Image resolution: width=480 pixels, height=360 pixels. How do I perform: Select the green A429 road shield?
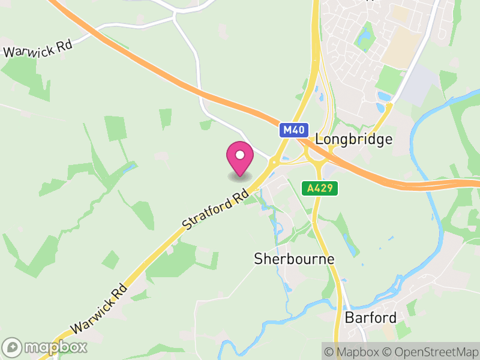(x=320, y=188)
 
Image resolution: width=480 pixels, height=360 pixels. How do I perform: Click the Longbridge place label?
(x=354, y=139)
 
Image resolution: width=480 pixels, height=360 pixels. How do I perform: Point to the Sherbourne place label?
(x=294, y=259)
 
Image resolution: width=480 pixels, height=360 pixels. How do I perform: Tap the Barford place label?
(x=370, y=317)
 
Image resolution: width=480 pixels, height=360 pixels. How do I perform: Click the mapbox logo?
(x=46, y=347)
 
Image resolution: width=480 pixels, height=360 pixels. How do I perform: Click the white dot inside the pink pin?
(x=240, y=155)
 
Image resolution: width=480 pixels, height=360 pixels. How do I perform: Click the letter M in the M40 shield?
(x=288, y=130)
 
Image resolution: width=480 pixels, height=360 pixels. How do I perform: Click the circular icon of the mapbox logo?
(x=13, y=347)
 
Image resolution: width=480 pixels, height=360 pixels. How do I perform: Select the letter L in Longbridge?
(x=319, y=139)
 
